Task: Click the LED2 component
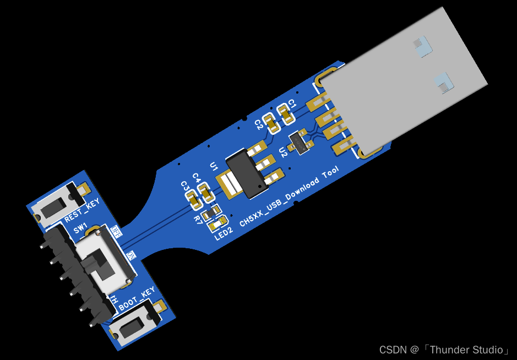tap(216, 222)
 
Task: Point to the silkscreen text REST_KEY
tap(82, 211)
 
